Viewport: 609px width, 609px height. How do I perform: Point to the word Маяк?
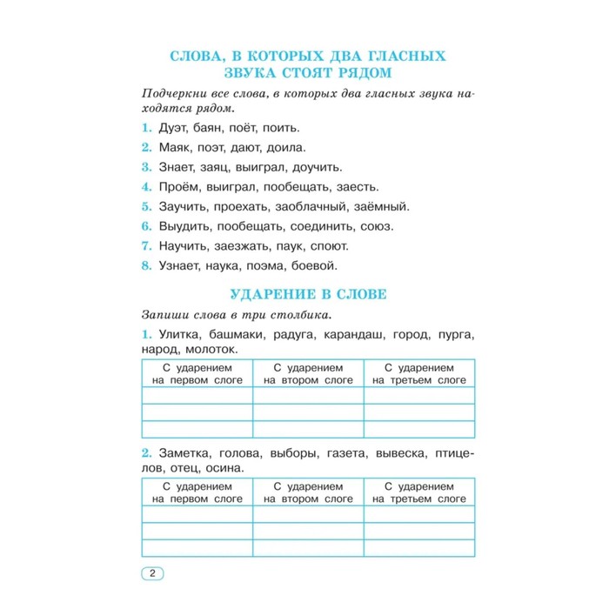(x=176, y=148)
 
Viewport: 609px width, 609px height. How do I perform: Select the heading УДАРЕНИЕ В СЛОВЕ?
(x=307, y=294)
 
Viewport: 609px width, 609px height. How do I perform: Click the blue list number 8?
(x=146, y=265)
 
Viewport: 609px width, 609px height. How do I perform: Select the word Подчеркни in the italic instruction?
(x=174, y=92)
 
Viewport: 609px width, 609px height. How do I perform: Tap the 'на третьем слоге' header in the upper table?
(x=419, y=380)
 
